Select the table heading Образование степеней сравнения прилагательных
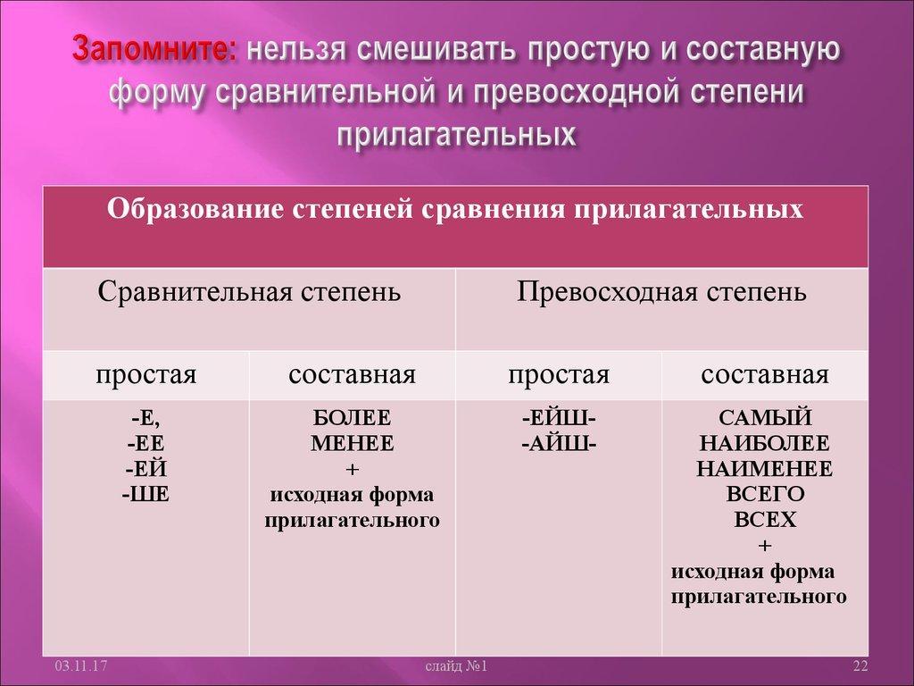[x=455, y=209]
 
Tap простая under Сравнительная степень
[x=145, y=374]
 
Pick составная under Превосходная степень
[x=765, y=374]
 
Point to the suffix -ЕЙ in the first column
[x=146, y=467]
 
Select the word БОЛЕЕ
[x=352, y=417]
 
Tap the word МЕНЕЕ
[x=352, y=442]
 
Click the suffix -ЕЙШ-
[x=559, y=417]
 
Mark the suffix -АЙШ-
[x=559, y=442]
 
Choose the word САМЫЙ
[x=765, y=417]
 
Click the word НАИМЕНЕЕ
[x=765, y=467]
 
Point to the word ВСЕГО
[x=765, y=492]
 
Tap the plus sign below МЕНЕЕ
[x=352, y=467]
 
